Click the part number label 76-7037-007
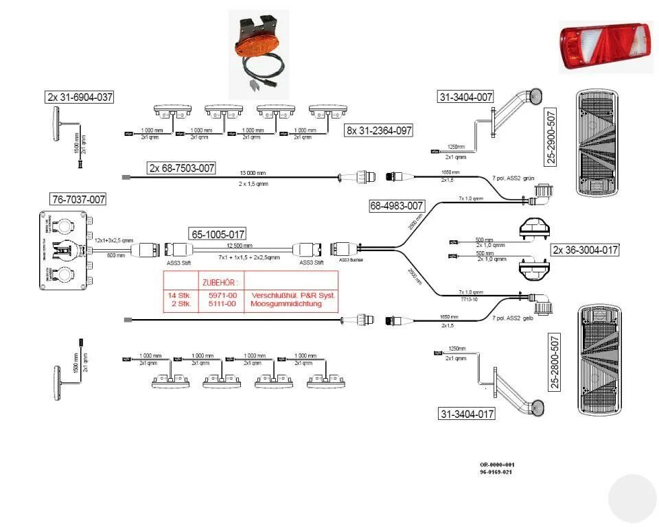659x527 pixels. (79, 200)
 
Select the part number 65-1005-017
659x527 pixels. (217, 233)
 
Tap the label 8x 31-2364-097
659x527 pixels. (379, 130)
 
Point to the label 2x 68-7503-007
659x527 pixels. (182, 167)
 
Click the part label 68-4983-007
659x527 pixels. (397, 204)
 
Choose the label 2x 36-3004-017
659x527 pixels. (585, 250)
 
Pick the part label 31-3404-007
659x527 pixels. (465, 97)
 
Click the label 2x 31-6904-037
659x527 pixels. (80, 97)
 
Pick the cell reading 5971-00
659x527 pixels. (221, 294)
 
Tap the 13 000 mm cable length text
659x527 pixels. (254, 173)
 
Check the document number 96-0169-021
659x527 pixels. (496, 472)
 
